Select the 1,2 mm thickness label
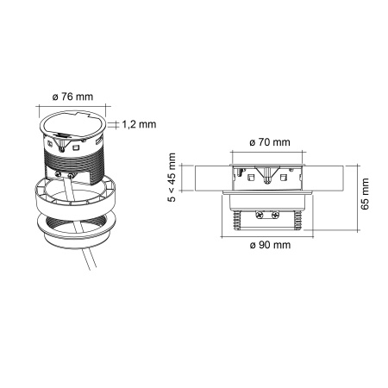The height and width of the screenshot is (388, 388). coord(138,124)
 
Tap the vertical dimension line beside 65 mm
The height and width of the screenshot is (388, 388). coord(355,195)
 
